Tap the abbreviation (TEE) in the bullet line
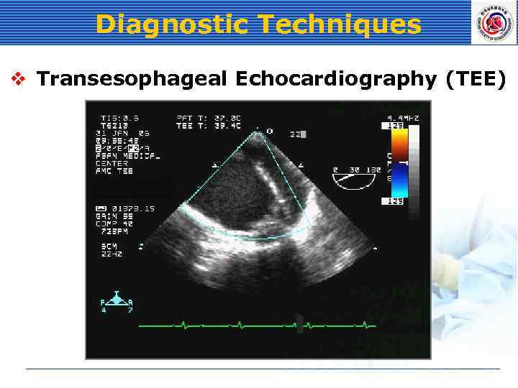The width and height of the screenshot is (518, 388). (x=476, y=79)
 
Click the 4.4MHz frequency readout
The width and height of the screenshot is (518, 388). (x=403, y=117)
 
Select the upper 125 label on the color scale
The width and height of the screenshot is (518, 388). (x=394, y=126)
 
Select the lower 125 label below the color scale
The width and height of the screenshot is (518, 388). (x=394, y=202)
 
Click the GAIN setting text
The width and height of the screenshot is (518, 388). (x=115, y=216)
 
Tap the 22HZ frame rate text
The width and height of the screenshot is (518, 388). (x=112, y=253)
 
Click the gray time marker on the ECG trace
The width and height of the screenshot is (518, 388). (x=299, y=324)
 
